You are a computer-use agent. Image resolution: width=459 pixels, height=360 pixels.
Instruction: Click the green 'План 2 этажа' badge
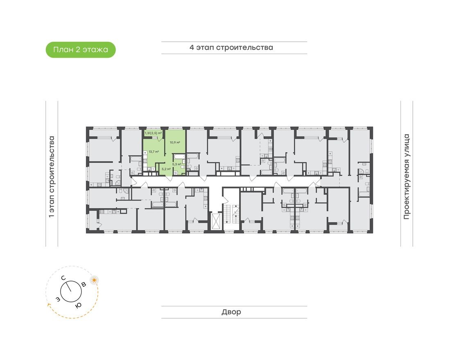pyautogui.click(x=80, y=50)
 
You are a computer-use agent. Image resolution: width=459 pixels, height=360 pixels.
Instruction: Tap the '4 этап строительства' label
pyautogui.click(x=231, y=47)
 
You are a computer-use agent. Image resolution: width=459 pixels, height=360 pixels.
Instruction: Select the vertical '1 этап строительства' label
pyautogui.click(x=52, y=176)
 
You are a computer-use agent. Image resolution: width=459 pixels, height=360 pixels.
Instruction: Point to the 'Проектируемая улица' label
pyautogui.click(x=407, y=176)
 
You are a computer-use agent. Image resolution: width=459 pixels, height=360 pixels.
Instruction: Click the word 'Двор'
pyautogui.click(x=231, y=312)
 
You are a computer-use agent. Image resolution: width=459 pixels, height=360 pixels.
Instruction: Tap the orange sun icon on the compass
pyautogui.click(x=95, y=280)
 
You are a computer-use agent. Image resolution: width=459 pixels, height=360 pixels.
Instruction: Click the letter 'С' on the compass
pyautogui.click(x=64, y=278)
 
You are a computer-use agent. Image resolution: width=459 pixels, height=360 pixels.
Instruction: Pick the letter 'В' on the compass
pyautogui.click(x=84, y=284)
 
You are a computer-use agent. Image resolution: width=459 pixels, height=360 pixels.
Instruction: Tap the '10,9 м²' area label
pyautogui.click(x=175, y=142)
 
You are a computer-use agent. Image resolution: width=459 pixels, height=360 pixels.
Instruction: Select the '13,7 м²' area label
pyautogui.click(x=154, y=151)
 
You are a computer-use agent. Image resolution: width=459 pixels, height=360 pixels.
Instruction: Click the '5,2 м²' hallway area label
pyautogui.click(x=166, y=169)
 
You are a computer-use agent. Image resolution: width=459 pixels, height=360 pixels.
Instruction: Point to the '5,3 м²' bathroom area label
pyautogui.click(x=177, y=164)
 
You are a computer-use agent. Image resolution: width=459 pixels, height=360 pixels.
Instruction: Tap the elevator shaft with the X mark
pyautogui.click(x=216, y=220)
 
